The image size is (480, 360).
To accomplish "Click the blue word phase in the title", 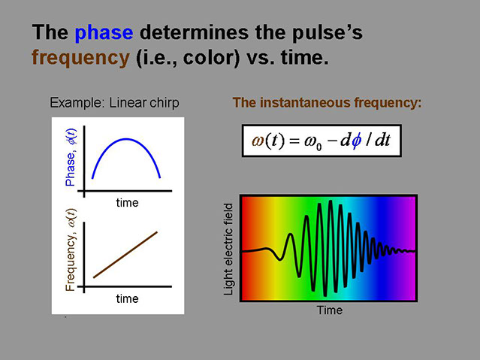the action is click(x=104, y=33).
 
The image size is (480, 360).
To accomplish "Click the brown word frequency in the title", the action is click(x=81, y=58).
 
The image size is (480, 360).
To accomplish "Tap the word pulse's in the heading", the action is click(x=328, y=33).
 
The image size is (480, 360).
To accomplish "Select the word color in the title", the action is click(x=211, y=57).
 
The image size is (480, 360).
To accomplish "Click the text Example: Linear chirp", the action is click(x=114, y=103).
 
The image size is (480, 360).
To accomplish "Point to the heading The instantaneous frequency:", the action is click(x=327, y=103).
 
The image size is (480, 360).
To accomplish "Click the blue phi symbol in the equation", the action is click(x=356, y=141).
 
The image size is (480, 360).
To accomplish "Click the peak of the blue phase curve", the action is click(x=125, y=139).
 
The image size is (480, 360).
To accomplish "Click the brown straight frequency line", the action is click(x=125, y=255).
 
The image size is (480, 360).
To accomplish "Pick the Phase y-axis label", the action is click(x=71, y=157).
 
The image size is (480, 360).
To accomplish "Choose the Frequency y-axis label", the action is click(x=71, y=250).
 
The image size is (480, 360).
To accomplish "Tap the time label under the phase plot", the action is click(x=128, y=203).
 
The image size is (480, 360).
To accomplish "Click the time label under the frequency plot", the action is click(x=128, y=298).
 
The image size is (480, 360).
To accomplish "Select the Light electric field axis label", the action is click(x=228, y=250).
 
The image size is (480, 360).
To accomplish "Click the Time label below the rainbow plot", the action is click(x=329, y=310).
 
